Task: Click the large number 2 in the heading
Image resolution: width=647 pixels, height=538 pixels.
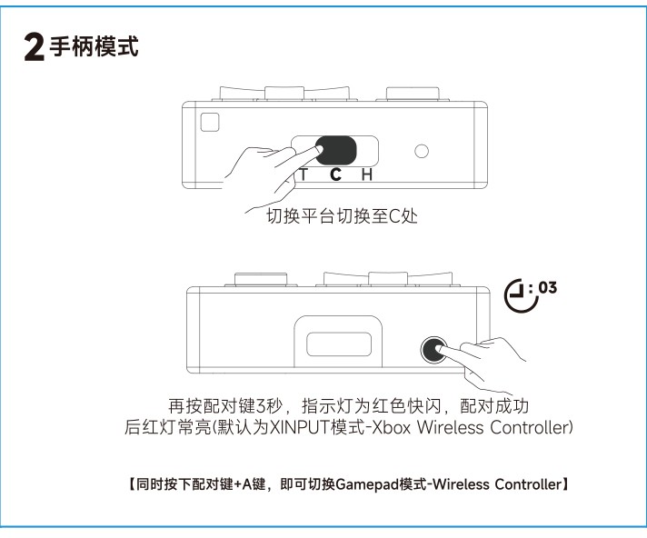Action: tap(35, 47)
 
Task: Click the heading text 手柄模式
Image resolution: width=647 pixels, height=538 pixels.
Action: tap(94, 46)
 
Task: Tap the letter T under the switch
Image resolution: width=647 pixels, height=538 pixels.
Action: tap(304, 174)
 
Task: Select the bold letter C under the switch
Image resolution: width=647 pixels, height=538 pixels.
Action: tap(335, 174)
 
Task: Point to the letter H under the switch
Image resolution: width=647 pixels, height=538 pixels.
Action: tap(367, 174)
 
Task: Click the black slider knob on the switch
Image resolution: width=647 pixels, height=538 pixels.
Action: tap(336, 151)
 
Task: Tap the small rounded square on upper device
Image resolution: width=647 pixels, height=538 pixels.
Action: tap(210, 122)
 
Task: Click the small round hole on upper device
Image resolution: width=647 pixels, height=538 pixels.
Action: tap(422, 151)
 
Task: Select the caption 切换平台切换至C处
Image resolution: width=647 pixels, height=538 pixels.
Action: tap(342, 216)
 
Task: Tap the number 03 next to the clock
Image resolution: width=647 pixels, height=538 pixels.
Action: tap(548, 287)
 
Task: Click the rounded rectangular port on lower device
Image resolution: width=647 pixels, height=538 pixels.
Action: tap(339, 344)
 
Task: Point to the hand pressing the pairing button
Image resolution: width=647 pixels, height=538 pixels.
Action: tap(479, 364)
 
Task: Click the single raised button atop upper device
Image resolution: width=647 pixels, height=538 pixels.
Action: tap(413, 94)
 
